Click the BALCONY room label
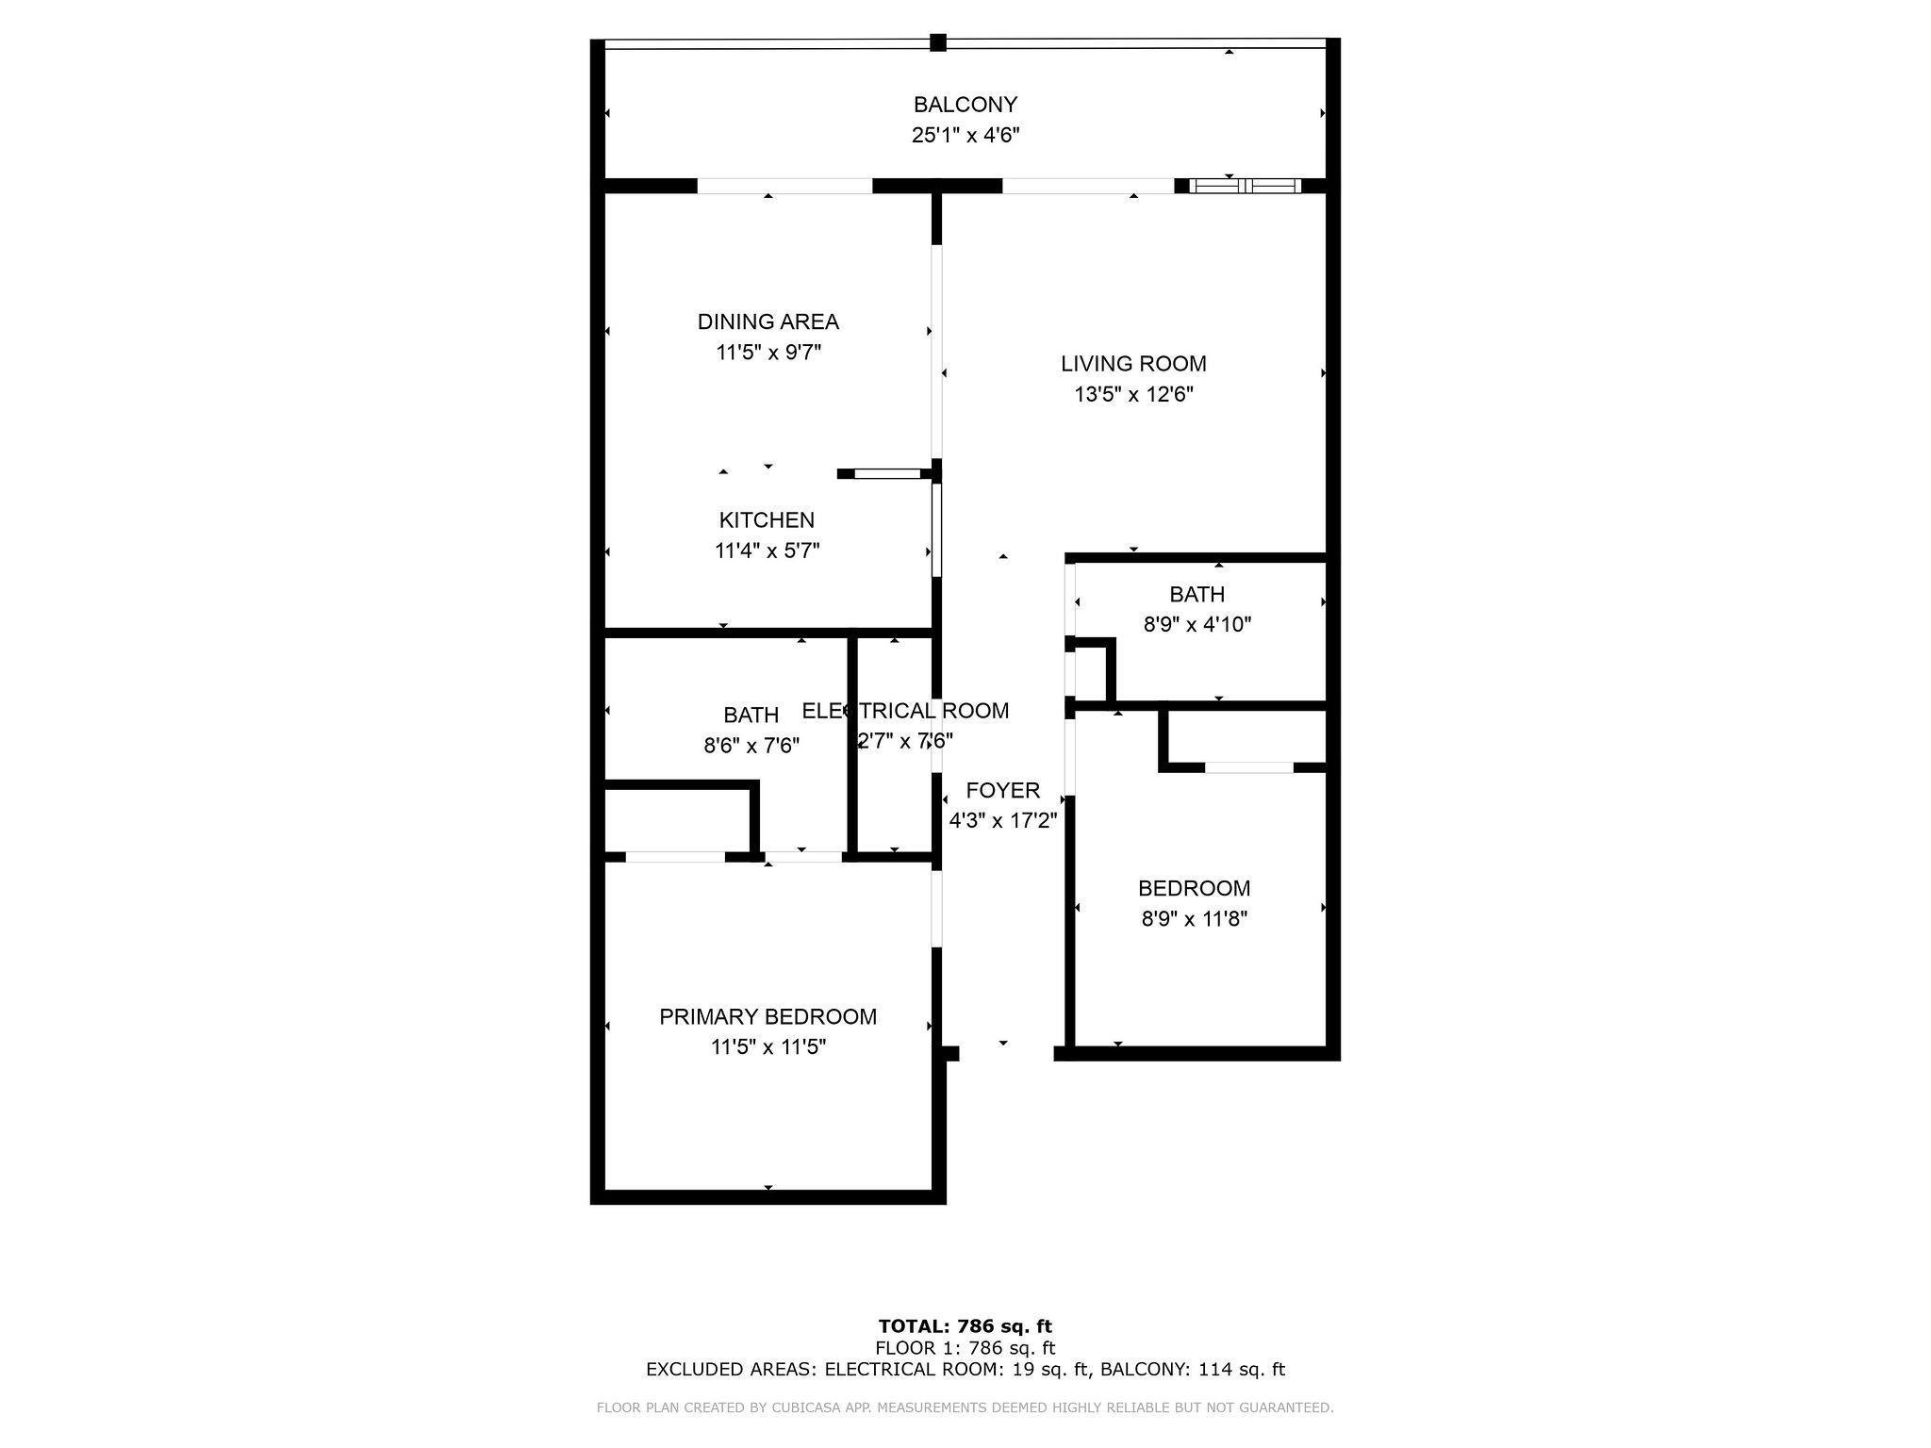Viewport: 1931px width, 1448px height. (x=965, y=105)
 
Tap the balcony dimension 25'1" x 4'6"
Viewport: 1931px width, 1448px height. (x=965, y=135)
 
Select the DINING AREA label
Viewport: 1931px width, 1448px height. (x=767, y=322)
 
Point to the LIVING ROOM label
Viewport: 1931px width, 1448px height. (x=1133, y=364)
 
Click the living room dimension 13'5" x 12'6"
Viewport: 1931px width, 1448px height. (x=1133, y=394)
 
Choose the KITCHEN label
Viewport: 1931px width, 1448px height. (x=767, y=520)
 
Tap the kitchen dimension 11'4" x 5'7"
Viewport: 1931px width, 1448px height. (x=767, y=551)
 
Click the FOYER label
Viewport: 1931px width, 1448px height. (x=1002, y=791)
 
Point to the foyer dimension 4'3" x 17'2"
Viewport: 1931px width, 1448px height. (x=1002, y=821)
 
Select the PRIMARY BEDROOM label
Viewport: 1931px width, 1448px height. (x=767, y=1017)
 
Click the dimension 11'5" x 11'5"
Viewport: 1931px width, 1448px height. (x=767, y=1047)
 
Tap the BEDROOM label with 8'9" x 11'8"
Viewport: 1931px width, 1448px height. (x=1194, y=889)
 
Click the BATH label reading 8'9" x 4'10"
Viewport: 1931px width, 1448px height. (x=1197, y=595)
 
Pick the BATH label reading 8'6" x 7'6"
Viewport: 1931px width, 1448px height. (x=751, y=716)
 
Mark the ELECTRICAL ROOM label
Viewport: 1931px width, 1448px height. (x=905, y=711)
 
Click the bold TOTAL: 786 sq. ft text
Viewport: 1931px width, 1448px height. (x=965, y=1326)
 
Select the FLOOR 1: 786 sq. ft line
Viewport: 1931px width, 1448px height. (x=965, y=1348)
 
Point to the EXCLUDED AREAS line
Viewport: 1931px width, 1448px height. (x=965, y=1370)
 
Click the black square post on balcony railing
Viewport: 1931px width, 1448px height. (x=937, y=42)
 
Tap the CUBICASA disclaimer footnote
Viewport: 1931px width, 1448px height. (x=965, y=1408)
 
